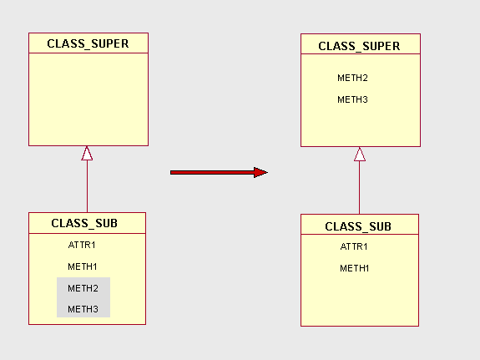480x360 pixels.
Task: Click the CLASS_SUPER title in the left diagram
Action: [88, 43]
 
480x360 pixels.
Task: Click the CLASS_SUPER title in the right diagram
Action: [359, 46]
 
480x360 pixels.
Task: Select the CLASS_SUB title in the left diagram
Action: [84, 223]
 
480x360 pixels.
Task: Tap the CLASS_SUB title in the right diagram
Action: [357, 226]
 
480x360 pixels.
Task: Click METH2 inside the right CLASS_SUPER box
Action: [352, 78]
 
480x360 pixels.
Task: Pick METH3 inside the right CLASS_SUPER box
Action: [352, 99]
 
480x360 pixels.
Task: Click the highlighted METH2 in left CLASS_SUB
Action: [83, 288]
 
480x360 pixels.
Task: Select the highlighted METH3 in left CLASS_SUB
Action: [83, 309]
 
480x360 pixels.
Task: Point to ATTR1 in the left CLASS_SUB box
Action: [82, 246]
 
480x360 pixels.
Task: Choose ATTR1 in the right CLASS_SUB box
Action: [354, 246]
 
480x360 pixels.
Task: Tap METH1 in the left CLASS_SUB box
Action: [83, 266]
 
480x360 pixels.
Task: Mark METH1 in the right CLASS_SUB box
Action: [354, 268]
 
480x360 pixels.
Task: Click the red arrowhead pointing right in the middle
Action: [260, 172]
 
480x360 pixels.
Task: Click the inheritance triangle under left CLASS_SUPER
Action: [87, 153]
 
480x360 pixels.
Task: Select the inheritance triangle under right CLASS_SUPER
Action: [360, 155]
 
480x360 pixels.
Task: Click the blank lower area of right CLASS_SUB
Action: [359, 301]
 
